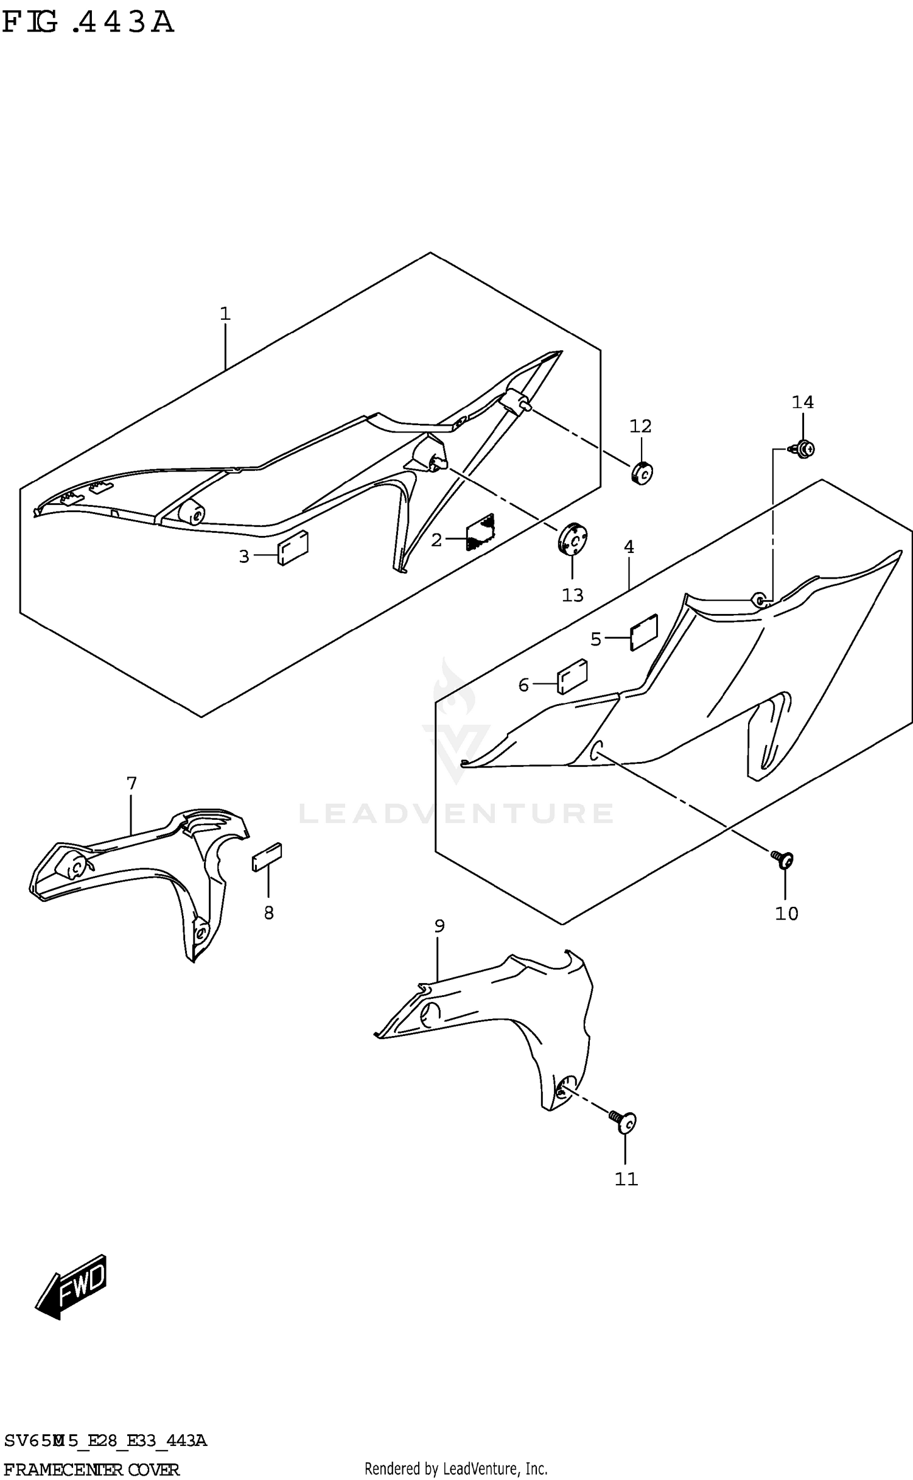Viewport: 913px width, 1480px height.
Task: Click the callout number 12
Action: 640,426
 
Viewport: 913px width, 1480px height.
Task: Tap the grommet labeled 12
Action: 641,473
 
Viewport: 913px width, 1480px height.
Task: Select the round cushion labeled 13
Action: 572,538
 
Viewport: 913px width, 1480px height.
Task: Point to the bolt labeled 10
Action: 783,859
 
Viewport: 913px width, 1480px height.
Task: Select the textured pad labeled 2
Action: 480,532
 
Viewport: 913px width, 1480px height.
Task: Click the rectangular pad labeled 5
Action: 644,632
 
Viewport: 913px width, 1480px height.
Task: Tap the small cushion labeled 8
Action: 267,857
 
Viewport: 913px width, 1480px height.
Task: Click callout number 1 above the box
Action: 225,314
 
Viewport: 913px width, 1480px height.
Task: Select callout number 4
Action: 629,547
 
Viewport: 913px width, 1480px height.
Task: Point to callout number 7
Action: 131,783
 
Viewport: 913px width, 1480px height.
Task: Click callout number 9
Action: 439,926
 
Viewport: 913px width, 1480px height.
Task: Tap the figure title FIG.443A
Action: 88,23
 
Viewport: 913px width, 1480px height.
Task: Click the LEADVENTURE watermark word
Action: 456,814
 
